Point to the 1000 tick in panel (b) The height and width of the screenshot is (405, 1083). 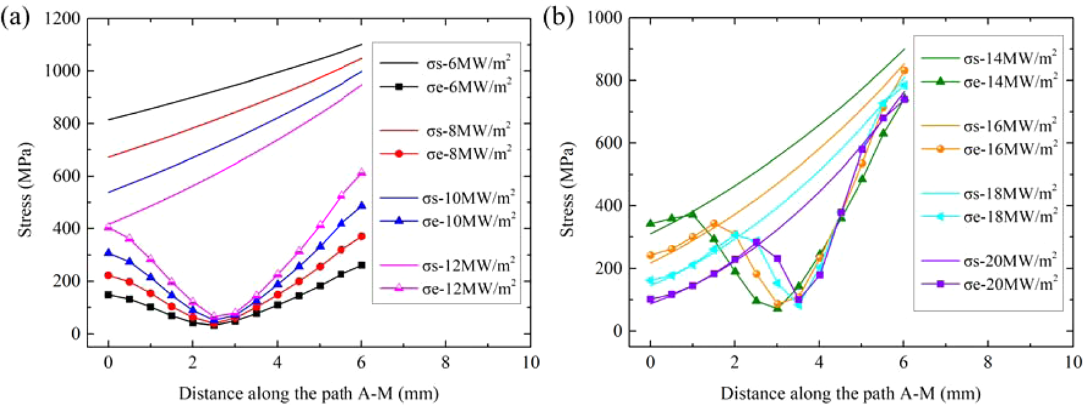606,18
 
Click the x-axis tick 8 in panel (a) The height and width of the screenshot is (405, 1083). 446,363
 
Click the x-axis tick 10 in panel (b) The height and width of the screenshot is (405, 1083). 1072,363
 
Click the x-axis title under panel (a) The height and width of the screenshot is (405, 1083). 308,394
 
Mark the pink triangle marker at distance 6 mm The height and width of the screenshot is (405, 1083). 361,172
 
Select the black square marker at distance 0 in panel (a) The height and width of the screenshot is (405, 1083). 108,294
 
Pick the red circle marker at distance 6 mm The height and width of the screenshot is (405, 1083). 361,236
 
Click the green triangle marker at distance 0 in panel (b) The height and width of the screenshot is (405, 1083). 650,223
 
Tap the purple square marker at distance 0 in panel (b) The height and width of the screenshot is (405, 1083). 650,300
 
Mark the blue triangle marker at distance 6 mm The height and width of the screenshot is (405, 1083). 361,206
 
